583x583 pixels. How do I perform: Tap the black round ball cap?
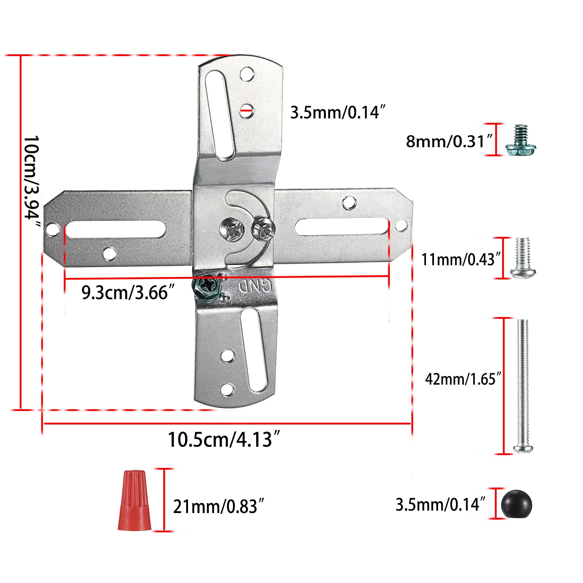516,505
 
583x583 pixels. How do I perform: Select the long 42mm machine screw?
523,386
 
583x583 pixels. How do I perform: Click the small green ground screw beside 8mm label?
520,140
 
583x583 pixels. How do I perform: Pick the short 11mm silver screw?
523,258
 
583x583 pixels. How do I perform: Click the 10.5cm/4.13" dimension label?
224,439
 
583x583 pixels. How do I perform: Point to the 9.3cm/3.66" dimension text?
128,292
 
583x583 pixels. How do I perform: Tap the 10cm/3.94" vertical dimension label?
32,182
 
